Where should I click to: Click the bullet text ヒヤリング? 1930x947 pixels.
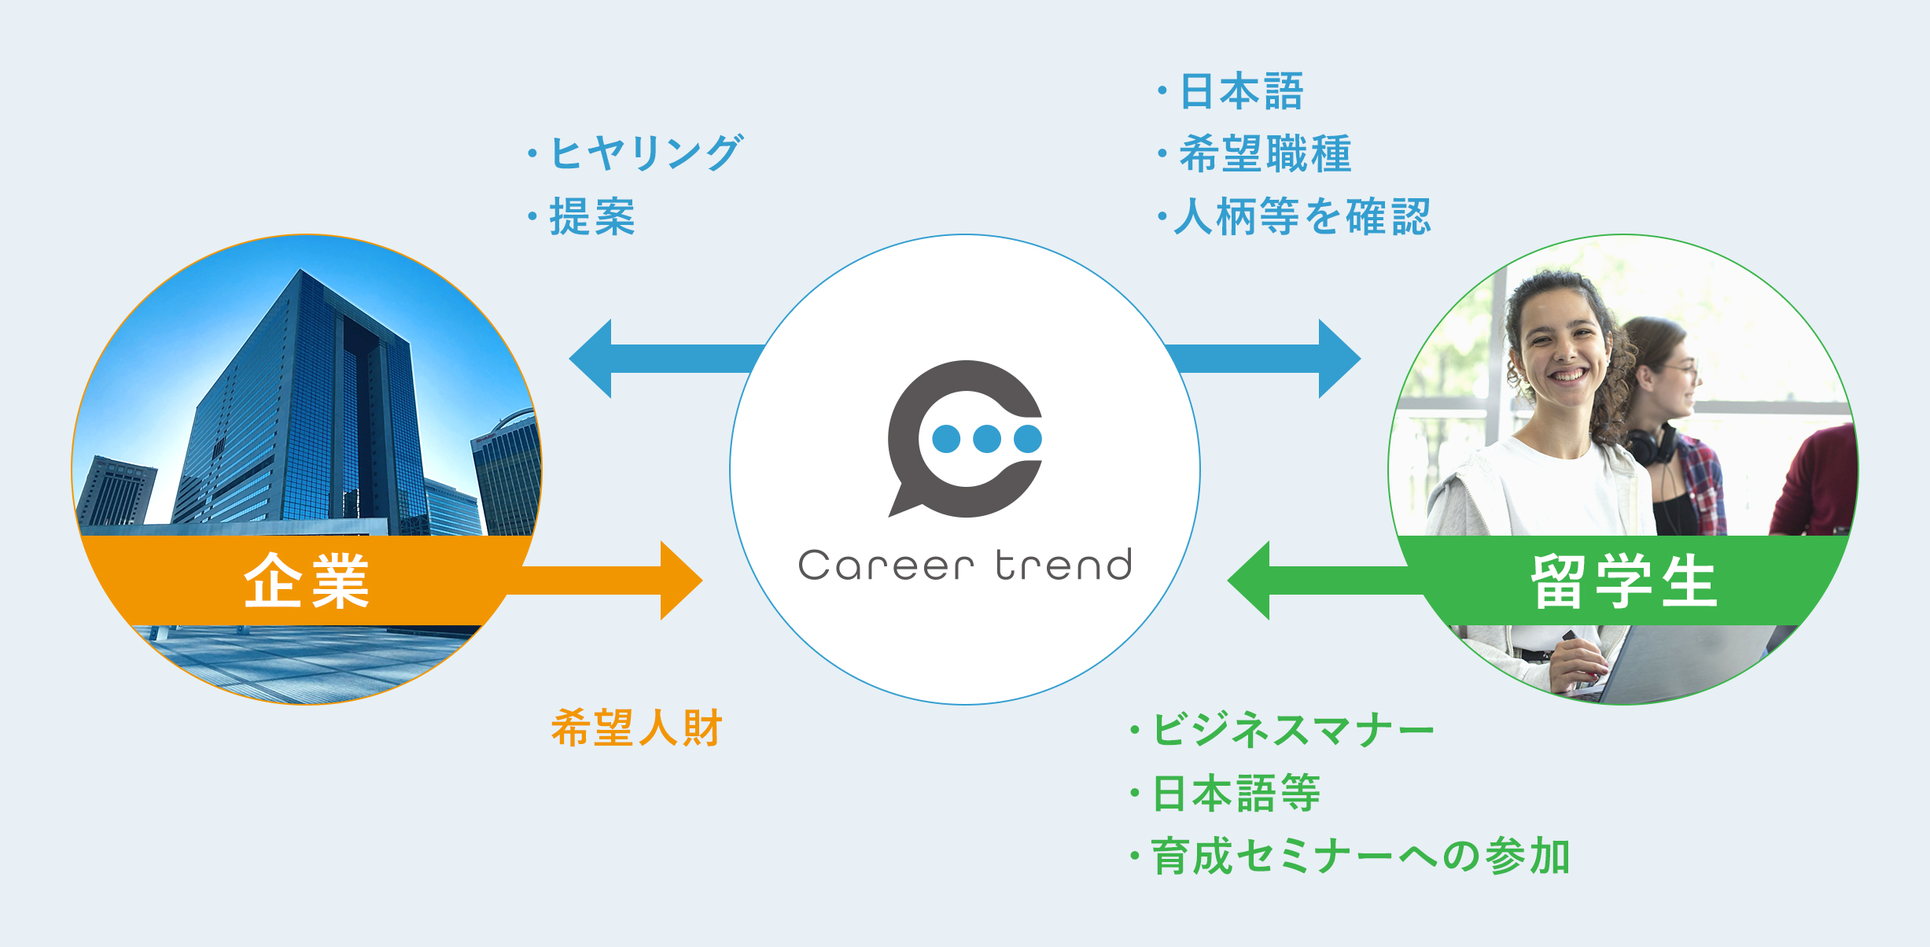point(646,153)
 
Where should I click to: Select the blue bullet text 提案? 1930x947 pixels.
point(592,216)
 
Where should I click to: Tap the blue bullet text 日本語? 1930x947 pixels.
point(1242,91)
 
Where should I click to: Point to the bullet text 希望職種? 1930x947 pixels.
point(1265,153)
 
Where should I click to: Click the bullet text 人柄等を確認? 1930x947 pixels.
point(1302,216)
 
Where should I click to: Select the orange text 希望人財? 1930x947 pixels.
point(636,727)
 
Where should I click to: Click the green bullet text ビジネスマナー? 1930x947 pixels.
point(1293,729)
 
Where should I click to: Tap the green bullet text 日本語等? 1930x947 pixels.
point(1236,793)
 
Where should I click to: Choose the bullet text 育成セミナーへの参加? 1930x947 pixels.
point(1360,857)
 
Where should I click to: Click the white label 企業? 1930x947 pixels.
point(306,580)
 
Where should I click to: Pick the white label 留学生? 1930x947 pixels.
point(1624,580)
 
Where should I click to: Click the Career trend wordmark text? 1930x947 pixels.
point(965,565)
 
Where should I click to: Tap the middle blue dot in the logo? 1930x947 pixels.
point(987,439)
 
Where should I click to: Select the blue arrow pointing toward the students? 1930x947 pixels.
point(1263,359)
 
